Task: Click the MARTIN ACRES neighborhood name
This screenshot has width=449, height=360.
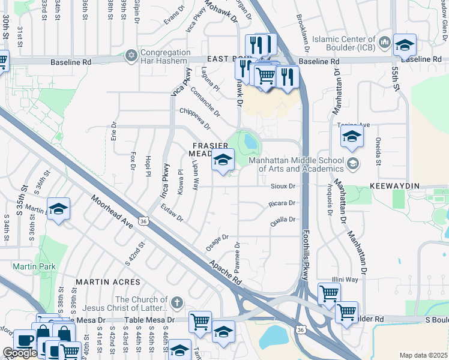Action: coord(109,281)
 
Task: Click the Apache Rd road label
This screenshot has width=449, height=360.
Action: coord(226,272)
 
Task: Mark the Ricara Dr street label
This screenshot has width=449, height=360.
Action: coord(283,203)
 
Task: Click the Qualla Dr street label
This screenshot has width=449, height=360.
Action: coord(283,220)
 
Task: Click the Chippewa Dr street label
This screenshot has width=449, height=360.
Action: coord(196,119)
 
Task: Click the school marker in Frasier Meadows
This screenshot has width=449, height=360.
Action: coord(223,160)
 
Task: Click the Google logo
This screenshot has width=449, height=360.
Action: coord(20,353)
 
